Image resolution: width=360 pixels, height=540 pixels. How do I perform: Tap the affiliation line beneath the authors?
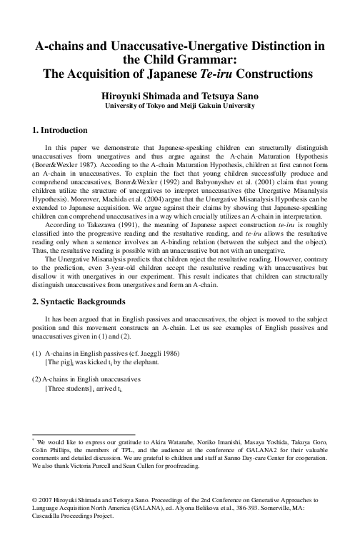(x=179, y=106)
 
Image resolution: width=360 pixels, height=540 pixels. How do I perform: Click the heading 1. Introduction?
(x=61, y=130)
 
